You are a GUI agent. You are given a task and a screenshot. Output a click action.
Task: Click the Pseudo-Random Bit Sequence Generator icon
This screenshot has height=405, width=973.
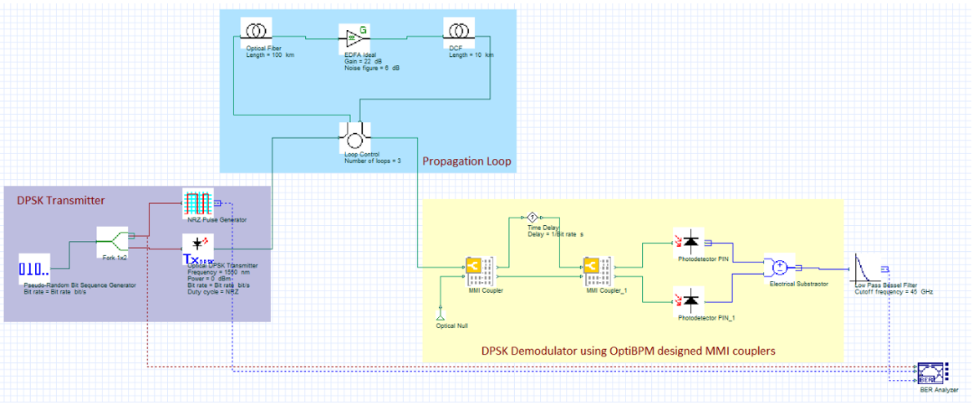click(33, 270)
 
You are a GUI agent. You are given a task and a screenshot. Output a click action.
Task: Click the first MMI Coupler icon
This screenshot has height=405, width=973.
click(477, 268)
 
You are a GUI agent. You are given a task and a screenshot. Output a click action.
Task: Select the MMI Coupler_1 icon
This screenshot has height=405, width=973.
click(596, 268)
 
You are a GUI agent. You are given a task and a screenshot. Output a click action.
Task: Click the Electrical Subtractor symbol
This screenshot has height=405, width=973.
click(777, 268)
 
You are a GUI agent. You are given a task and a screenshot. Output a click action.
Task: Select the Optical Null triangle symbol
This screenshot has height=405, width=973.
click(441, 315)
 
